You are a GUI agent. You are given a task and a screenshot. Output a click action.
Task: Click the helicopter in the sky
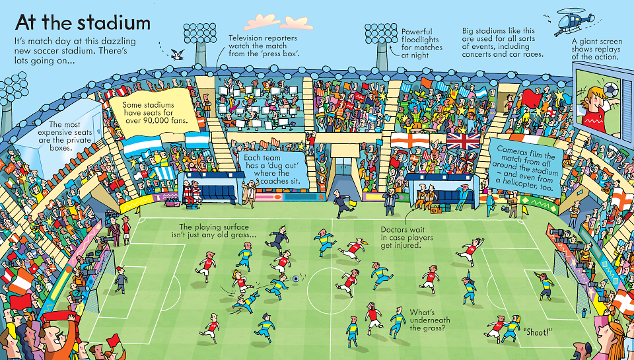pos(574,20)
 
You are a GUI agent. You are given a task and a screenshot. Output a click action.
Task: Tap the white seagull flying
pos(178,55)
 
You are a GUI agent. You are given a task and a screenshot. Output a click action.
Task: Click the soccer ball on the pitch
pos(296,278)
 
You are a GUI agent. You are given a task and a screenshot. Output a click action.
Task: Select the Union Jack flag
pos(464,141)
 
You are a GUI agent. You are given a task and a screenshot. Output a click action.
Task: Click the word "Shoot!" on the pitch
pos(538,332)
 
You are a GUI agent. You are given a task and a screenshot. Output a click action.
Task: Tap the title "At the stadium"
pos(83,22)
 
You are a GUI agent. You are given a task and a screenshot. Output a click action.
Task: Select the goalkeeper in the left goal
pos(120,279)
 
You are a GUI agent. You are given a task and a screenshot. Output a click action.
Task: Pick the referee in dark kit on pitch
pos(277,242)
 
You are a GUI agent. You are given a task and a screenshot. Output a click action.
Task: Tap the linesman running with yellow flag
pos(343,204)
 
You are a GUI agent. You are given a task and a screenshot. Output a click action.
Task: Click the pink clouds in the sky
pos(278,22)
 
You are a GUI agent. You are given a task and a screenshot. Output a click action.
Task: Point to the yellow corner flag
pos(524,211)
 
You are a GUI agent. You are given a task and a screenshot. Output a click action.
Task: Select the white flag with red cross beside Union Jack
pos(410,140)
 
